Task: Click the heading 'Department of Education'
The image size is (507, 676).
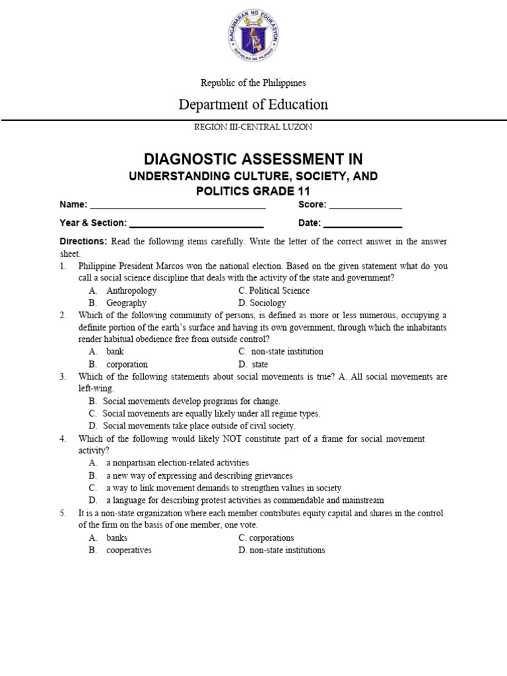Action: [253, 104]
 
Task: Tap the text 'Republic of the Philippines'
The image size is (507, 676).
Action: [253, 83]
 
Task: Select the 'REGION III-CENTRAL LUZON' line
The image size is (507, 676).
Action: [253, 126]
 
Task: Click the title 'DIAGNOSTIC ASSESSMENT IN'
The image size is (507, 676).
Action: [253, 159]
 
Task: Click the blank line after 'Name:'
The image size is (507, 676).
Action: [178, 206]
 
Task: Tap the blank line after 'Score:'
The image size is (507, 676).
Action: [366, 206]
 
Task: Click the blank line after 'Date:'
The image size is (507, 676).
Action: [362, 224]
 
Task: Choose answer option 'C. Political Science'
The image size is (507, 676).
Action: [274, 290]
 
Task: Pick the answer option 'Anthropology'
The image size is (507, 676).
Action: [131, 290]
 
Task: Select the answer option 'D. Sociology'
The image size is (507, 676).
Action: [262, 303]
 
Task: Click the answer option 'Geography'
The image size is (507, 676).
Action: [126, 303]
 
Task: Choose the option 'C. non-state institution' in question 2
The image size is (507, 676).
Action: [281, 352]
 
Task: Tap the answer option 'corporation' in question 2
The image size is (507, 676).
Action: [127, 364]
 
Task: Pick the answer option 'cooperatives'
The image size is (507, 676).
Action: [129, 550]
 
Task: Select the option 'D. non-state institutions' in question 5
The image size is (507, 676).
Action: [282, 550]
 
